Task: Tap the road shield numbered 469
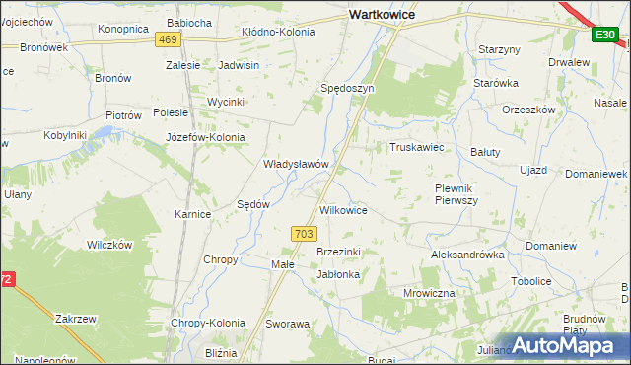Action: (x=168, y=39)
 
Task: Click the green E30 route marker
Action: (x=604, y=36)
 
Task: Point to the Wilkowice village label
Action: (x=344, y=211)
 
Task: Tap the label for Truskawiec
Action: (x=418, y=147)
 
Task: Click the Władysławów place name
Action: (x=295, y=164)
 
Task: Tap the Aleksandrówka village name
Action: (x=467, y=255)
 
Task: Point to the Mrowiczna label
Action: (x=429, y=294)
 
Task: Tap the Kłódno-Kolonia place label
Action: (x=279, y=33)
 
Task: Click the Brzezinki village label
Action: (x=338, y=252)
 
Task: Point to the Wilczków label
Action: (x=109, y=245)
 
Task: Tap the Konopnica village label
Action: (x=122, y=29)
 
